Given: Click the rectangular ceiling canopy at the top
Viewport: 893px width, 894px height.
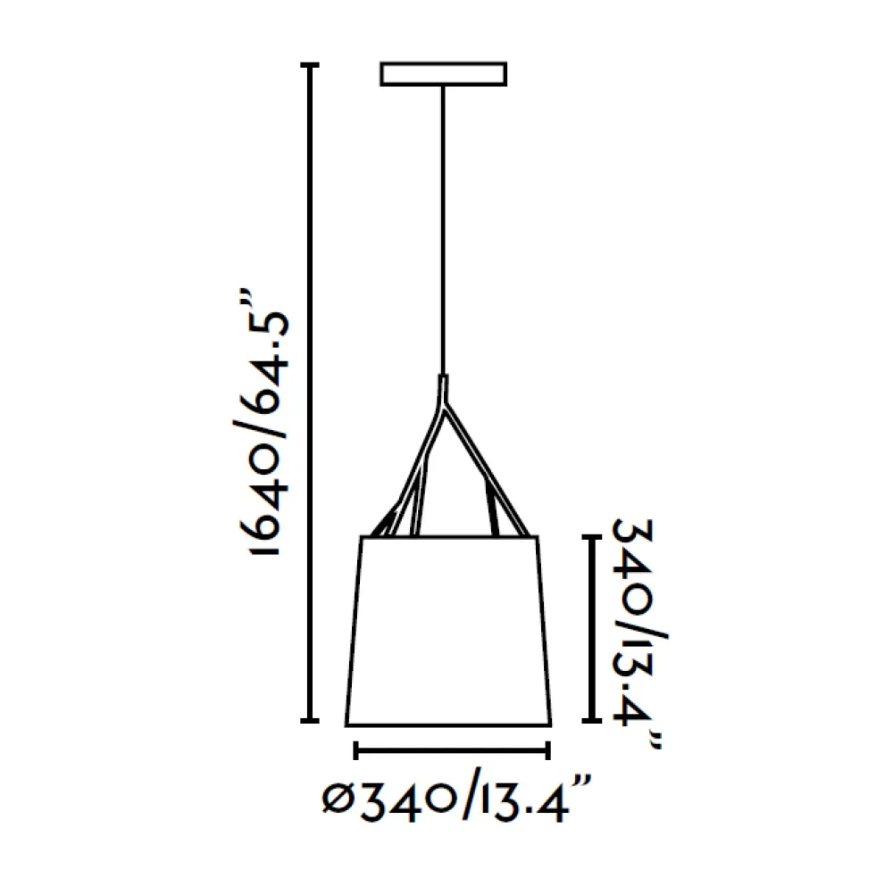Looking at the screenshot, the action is (443, 74).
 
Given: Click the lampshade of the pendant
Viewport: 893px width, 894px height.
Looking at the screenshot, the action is (448, 631).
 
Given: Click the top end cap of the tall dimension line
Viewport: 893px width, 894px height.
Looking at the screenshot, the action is (310, 65).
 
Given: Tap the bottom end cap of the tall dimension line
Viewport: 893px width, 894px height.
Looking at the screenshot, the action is (310, 721).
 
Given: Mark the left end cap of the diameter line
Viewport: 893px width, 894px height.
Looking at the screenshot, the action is (355, 750).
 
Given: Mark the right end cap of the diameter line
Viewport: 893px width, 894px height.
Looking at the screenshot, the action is (547, 750).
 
